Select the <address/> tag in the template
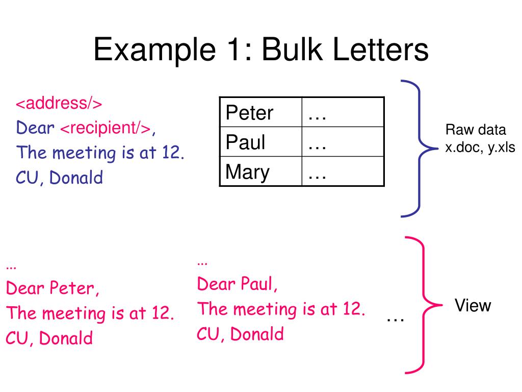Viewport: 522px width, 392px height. pos(59,104)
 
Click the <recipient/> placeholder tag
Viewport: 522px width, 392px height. pos(106,128)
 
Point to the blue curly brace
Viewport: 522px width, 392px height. pos(419,148)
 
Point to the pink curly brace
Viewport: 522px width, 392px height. pos(422,305)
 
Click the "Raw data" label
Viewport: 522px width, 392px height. pos(476,130)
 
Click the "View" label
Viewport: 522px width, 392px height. pos(473,306)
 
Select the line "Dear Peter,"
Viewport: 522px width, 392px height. pos(53,289)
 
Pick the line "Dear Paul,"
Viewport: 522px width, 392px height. pos(238,284)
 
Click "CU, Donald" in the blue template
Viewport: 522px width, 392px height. pos(59,178)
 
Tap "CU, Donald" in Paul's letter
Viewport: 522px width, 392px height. pos(240,334)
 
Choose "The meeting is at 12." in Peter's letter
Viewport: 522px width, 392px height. pos(90,313)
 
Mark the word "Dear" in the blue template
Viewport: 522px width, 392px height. pos(36,128)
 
